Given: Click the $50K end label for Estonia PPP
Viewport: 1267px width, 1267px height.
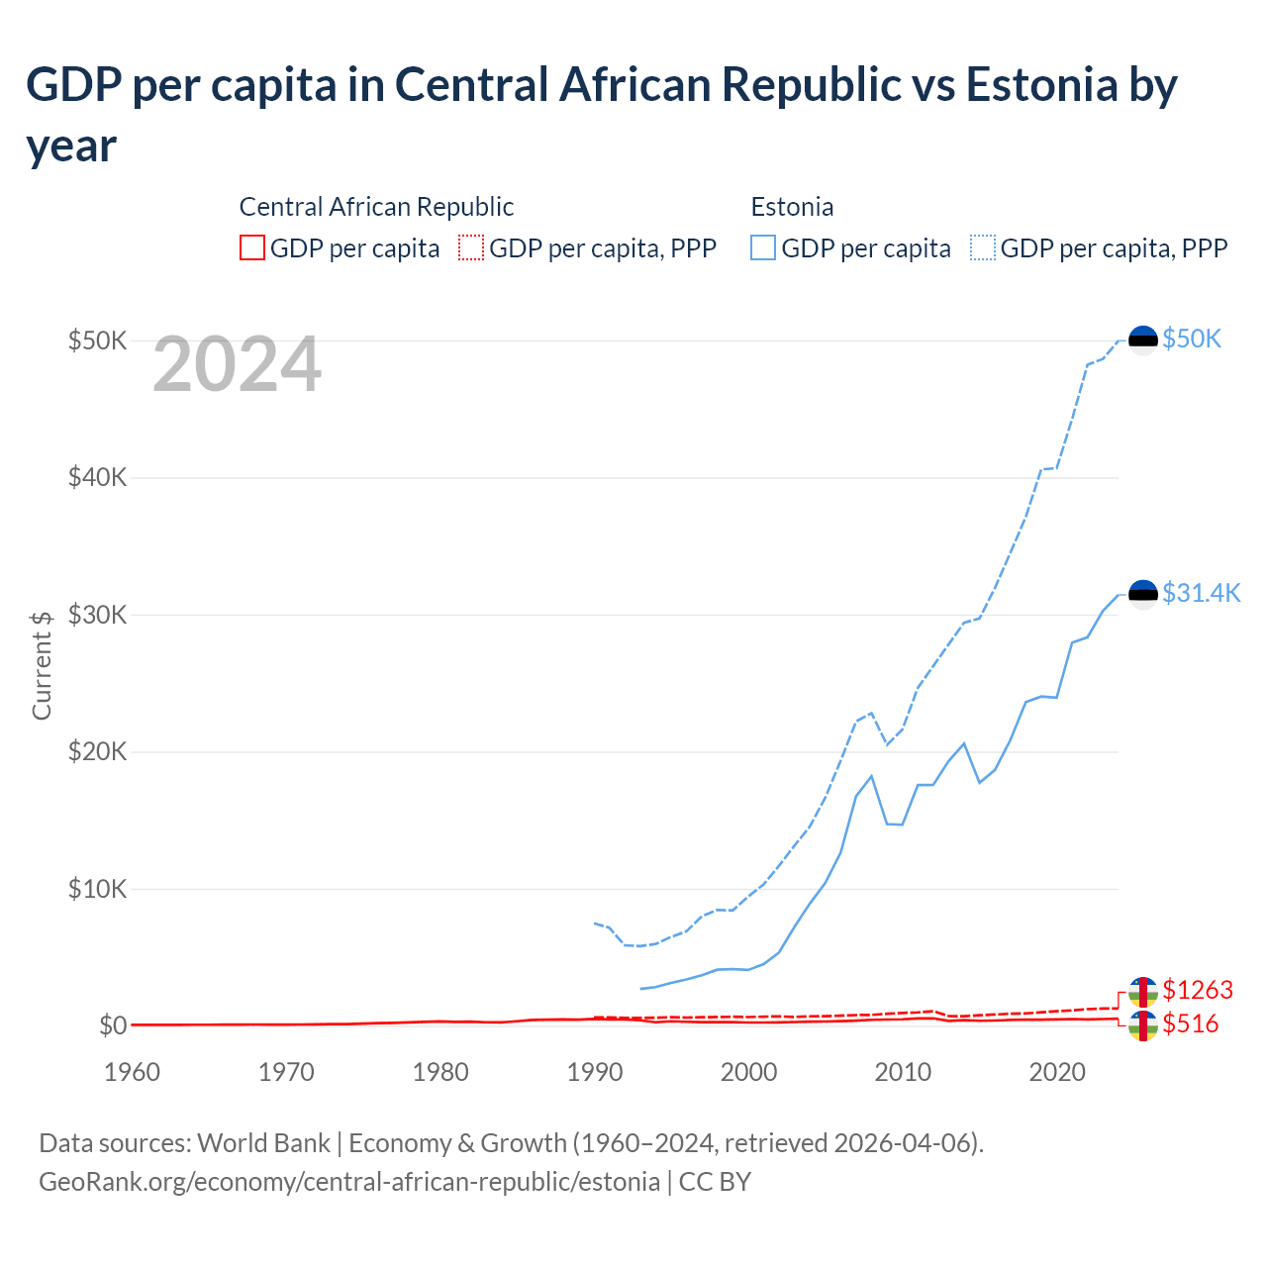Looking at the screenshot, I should (1192, 340).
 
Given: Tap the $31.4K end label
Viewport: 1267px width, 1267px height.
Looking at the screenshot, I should (1201, 593).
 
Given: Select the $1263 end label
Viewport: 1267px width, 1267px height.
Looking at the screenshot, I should (1197, 990).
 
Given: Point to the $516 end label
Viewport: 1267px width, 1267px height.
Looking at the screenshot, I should (1190, 1023).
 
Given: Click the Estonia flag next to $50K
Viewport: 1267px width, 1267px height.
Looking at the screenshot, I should (1143, 340).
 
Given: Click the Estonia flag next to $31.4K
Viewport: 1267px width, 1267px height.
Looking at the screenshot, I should (1143, 594).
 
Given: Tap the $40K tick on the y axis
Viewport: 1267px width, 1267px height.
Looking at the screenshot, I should (97, 478).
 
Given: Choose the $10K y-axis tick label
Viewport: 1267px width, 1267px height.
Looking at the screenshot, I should (97, 889).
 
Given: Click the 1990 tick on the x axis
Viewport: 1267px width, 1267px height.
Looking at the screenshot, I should (595, 1072).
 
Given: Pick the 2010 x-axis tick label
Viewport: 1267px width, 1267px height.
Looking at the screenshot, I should (903, 1072).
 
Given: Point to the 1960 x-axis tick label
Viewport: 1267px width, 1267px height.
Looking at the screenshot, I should (132, 1072).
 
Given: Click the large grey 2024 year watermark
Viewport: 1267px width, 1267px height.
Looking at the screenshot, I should (237, 365).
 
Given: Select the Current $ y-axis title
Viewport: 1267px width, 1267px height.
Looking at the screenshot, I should (42, 665).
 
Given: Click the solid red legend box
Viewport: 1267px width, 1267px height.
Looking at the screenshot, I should (252, 247).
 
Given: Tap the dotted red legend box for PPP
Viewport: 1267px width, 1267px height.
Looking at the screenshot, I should (471, 247).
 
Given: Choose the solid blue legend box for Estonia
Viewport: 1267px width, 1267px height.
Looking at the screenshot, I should (763, 247).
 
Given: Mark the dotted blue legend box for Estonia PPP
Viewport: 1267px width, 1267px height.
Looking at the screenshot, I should (983, 247).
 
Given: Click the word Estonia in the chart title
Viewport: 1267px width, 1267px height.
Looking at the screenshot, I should (1040, 85).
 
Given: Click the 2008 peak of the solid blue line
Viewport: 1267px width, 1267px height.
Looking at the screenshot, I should (871, 776).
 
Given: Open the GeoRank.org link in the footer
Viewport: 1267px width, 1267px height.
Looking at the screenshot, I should (349, 1182).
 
